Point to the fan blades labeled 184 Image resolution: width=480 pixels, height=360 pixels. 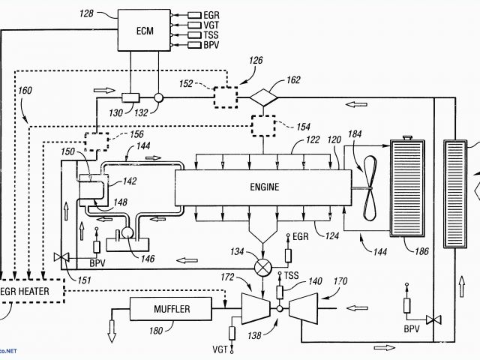click(369, 190)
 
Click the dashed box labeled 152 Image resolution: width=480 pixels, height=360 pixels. click(223, 97)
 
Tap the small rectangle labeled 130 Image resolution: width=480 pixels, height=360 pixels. click(132, 97)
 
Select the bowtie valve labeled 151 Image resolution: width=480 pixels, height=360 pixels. click(61, 259)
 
